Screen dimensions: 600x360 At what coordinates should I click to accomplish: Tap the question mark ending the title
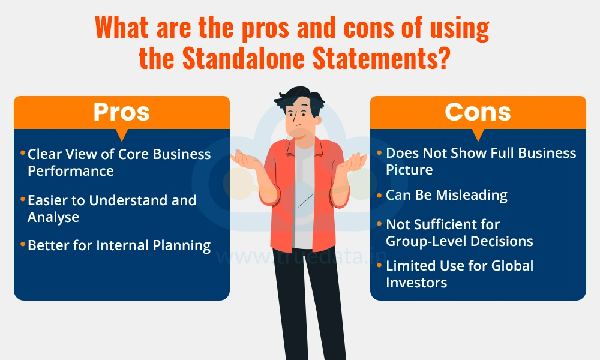click(443, 59)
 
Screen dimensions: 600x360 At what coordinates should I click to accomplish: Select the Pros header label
click(122, 112)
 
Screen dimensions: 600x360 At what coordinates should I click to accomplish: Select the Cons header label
click(478, 112)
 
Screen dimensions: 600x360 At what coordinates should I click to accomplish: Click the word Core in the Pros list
click(134, 154)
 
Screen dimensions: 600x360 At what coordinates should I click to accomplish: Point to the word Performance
click(71, 172)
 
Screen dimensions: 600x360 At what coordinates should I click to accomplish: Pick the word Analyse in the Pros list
click(53, 217)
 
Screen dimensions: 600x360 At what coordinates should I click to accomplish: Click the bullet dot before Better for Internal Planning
click(23, 244)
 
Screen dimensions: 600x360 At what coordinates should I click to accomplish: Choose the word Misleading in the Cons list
click(472, 196)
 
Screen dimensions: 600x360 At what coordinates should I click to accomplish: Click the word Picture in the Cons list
click(409, 170)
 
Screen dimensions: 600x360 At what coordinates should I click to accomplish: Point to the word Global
click(512, 266)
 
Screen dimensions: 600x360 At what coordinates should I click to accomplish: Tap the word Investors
click(417, 283)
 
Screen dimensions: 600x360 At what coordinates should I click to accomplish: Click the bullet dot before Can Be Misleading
click(379, 196)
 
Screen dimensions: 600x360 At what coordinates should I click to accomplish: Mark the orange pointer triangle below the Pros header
click(122, 134)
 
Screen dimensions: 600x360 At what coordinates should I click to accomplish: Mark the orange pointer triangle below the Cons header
click(478, 134)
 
